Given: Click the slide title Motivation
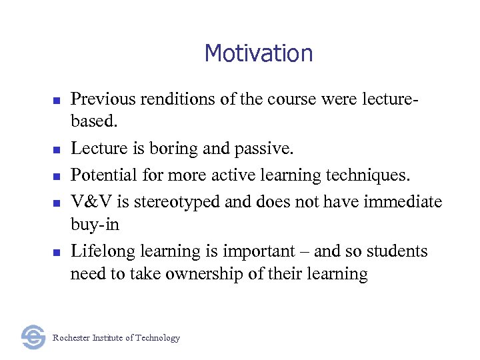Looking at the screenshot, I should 259,53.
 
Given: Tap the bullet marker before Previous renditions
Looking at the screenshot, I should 57,101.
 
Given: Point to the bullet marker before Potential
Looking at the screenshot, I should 57,177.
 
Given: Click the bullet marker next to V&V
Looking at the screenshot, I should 57,202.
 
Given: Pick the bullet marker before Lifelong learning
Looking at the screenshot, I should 57,253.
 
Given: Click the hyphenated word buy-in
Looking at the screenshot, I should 95,225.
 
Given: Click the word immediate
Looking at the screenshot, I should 403,201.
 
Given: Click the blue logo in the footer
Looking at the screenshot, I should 33,337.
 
